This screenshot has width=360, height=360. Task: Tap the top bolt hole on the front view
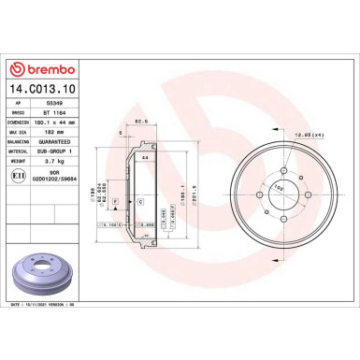click(283, 170)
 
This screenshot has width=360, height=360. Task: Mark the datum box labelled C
click(140, 202)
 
